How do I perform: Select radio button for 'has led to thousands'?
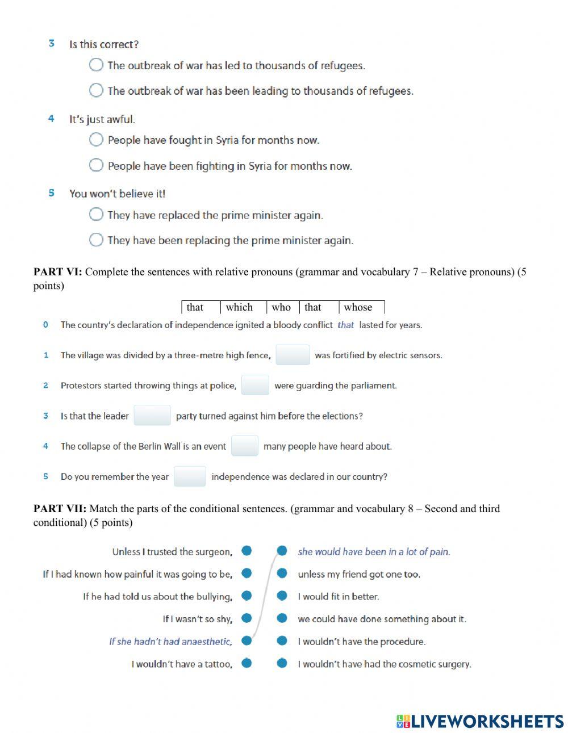click(96, 65)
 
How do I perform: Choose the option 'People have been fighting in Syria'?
click(96, 165)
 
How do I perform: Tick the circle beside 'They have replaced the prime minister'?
click(96, 214)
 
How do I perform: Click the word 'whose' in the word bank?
click(358, 307)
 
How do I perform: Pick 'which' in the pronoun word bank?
click(239, 307)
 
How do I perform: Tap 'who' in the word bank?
click(281, 307)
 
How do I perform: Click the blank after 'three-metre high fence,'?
click(293, 355)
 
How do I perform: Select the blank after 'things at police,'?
click(255, 385)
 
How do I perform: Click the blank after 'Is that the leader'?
click(152, 416)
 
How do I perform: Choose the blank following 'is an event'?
click(245, 446)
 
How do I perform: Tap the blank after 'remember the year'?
click(190, 476)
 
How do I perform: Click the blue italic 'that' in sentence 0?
click(345, 325)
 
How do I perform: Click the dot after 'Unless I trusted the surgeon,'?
click(247, 551)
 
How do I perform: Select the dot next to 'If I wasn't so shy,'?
click(247, 618)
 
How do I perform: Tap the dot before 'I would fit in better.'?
click(282, 596)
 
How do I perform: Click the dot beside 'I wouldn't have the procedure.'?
click(282, 640)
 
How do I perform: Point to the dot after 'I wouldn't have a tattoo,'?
click(247, 663)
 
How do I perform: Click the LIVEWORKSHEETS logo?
click(480, 721)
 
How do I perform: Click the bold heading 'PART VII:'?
click(60, 509)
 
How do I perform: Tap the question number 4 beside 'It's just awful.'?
click(51, 119)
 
